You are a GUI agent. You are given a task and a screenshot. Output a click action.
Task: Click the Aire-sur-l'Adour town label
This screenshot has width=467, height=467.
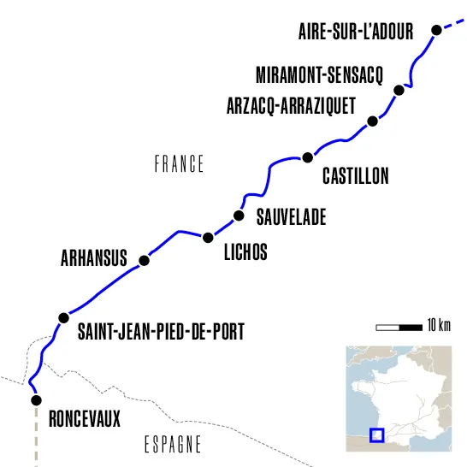tap(356, 33)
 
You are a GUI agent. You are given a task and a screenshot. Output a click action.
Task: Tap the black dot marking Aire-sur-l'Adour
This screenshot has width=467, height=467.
tap(436, 30)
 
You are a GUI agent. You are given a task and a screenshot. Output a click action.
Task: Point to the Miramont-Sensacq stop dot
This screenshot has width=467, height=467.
tap(398, 90)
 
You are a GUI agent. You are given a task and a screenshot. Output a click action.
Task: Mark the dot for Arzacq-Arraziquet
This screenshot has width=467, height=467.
tap(372, 121)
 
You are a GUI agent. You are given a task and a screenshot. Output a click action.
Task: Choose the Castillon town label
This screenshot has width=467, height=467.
tap(355, 177)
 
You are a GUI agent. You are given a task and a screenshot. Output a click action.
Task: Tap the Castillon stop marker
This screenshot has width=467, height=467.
tap(308, 157)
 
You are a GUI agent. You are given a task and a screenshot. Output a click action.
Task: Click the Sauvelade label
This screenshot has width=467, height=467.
tap(291, 218)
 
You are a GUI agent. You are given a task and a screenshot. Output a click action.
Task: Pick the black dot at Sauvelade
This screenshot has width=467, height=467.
tap(239, 216)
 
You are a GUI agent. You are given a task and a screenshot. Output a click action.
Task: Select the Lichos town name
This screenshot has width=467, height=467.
tap(245, 252)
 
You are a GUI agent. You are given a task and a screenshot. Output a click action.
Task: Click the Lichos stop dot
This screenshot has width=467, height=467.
tap(207, 237)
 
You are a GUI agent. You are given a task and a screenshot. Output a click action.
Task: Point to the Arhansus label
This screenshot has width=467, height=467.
tap(93, 258)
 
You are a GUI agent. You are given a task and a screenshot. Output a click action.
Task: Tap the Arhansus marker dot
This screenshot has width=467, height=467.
tap(144, 259)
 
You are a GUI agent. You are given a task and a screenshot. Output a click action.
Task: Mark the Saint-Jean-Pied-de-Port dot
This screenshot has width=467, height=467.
tap(62, 318)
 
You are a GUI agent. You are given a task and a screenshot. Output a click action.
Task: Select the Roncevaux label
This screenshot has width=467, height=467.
tap(85, 419)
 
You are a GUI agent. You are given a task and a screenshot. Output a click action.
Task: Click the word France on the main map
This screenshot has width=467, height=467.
tap(179, 164)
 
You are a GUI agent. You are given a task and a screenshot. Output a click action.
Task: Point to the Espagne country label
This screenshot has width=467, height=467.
tap(172, 445)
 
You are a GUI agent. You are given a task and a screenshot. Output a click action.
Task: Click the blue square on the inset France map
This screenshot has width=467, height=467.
tap(376, 434)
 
